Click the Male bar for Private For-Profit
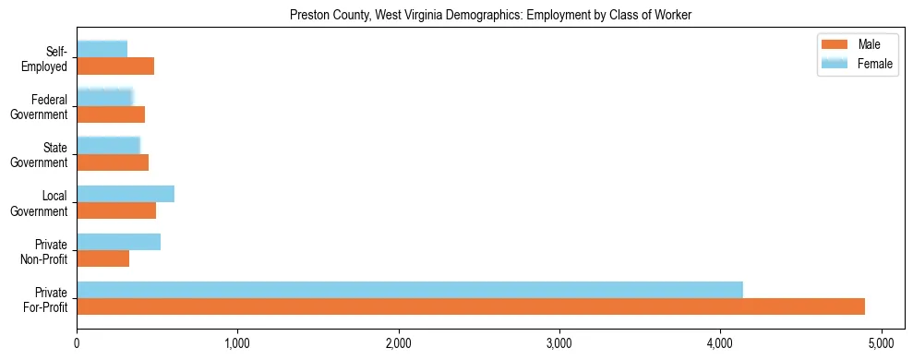471,306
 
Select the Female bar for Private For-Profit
410,290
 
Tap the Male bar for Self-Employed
115,66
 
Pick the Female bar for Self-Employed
102,49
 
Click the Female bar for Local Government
126,194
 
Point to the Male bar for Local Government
116,210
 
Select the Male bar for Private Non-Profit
102,258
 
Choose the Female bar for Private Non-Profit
118,242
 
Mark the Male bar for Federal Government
111,114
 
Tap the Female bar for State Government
108,145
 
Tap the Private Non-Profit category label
46,251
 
